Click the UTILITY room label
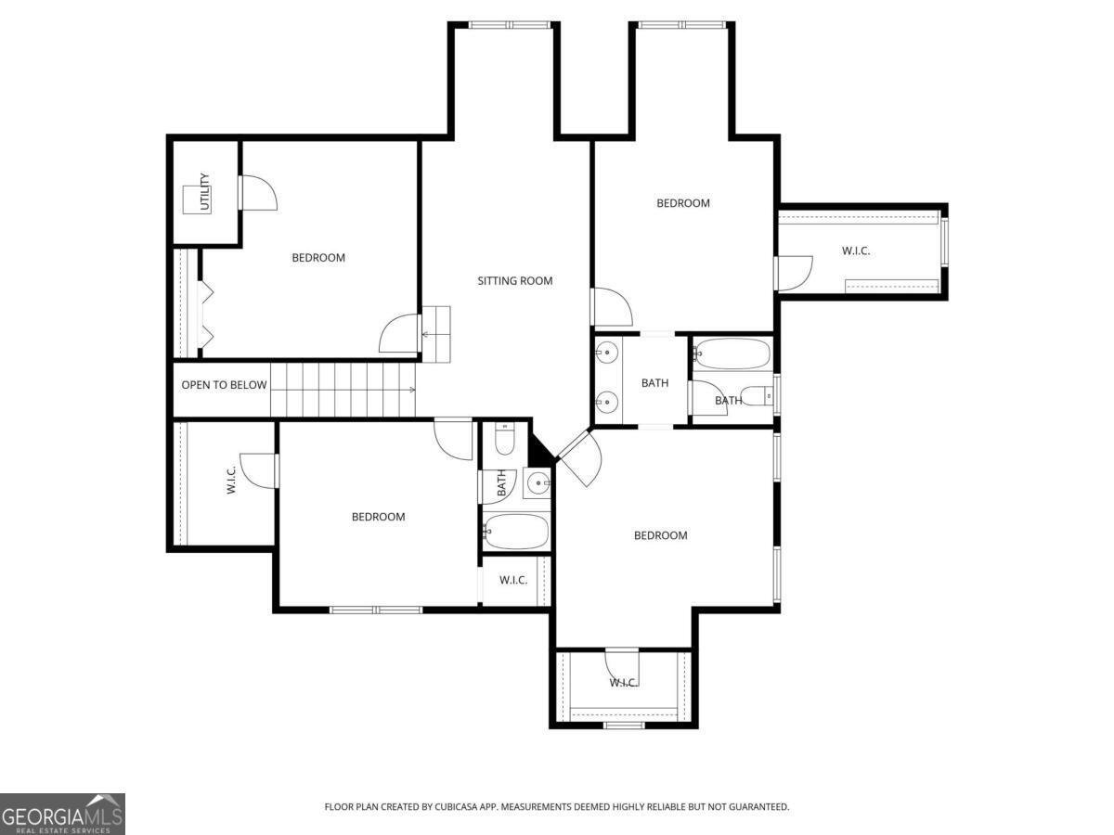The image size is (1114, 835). coord(205,191)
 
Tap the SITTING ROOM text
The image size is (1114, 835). coord(515,280)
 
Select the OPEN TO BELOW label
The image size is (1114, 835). coord(224,385)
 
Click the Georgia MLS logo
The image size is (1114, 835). coord(62,814)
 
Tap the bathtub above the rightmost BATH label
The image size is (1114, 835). coord(732,353)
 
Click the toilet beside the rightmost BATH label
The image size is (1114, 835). coord(759,396)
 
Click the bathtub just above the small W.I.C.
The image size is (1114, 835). coord(516,532)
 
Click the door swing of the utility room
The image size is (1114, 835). coord(259,192)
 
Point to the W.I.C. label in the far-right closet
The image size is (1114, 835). coord(855,250)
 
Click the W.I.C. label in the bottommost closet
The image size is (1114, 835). coord(623,683)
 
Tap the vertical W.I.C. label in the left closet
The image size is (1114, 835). coord(231,479)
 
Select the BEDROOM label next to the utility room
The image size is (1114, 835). coord(318,258)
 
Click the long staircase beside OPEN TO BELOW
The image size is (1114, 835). coord(343,390)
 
